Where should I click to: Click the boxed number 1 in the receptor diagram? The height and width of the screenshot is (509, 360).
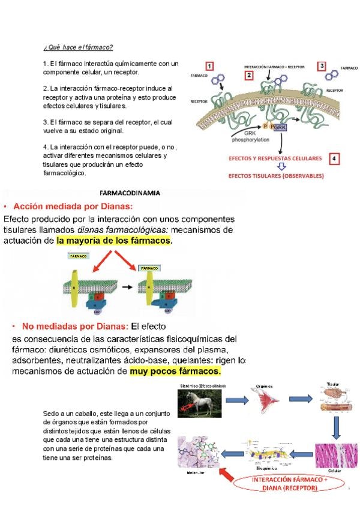(x=209, y=66)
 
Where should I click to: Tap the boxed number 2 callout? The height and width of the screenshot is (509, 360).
(x=249, y=76)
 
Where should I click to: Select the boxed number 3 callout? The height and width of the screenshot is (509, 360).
(x=322, y=66)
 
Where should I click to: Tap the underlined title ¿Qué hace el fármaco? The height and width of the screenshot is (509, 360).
(x=78, y=47)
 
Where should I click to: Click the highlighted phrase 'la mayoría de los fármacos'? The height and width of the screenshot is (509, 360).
(x=114, y=241)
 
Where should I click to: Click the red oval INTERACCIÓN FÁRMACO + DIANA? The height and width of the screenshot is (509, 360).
(x=290, y=484)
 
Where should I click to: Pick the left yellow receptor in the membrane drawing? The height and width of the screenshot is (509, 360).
(x=75, y=282)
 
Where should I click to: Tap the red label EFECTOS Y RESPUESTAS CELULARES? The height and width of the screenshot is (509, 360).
(x=275, y=158)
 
